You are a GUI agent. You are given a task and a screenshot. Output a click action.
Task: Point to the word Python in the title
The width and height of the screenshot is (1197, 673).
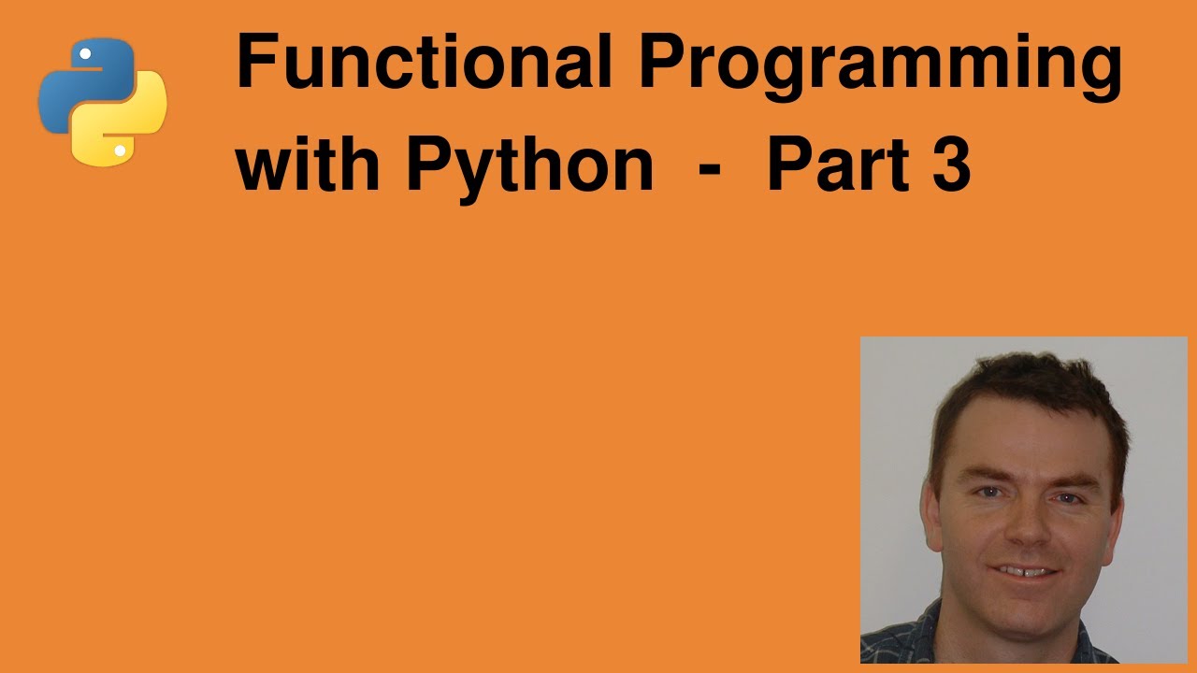(x=528, y=166)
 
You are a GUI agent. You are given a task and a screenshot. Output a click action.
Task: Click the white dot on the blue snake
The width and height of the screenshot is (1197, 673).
(x=85, y=54)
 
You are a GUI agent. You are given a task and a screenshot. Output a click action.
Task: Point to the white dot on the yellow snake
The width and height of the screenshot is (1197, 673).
(x=120, y=150)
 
